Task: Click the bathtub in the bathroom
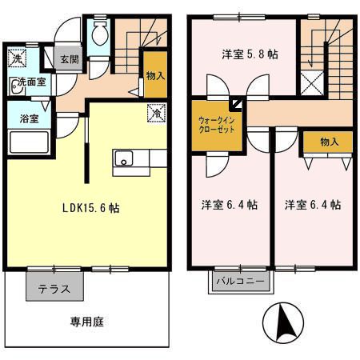pos(29,142)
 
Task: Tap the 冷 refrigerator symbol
pos(155,113)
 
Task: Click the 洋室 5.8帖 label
pos(250,54)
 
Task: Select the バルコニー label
pos(241,282)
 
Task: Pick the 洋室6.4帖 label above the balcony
pos(230,205)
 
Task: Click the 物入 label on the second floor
pos(329,142)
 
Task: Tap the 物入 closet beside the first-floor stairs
pos(155,76)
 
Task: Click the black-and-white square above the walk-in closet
pos(238,102)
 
